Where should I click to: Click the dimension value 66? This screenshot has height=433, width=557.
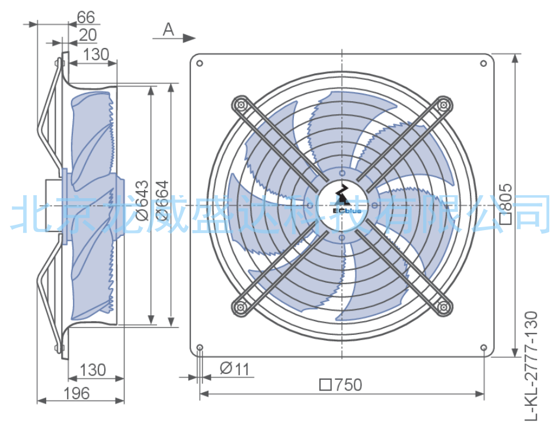(x=85, y=17)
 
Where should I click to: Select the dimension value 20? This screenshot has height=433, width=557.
(x=87, y=35)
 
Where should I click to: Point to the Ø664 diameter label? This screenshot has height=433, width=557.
(x=162, y=201)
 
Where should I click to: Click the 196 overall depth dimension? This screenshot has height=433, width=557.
(x=76, y=393)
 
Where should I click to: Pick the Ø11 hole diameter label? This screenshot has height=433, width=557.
(x=235, y=369)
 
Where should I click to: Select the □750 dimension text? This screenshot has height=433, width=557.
(x=341, y=384)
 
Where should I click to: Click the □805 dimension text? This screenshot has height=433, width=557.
(x=506, y=203)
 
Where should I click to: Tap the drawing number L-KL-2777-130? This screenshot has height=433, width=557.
(x=531, y=366)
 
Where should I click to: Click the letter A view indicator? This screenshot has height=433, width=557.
(x=168, y=30)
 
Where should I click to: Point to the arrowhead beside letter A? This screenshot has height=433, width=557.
(x=190, y=38)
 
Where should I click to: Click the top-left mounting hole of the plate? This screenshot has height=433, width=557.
(x=200, y=63)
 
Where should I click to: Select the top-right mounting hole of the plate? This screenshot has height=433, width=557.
(x=484, y=63)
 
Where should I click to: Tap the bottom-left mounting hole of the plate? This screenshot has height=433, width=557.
(x=200, y=347)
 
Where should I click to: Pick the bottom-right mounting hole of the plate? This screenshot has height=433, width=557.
(x=484, y=347)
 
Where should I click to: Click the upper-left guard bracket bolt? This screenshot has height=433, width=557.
(x=241, y=105)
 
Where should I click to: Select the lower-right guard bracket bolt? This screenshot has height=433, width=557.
(x=443, y=306)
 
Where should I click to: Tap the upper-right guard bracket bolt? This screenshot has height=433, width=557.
(x=443, y=105)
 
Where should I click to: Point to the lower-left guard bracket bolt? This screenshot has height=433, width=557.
(x=241, y=306)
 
